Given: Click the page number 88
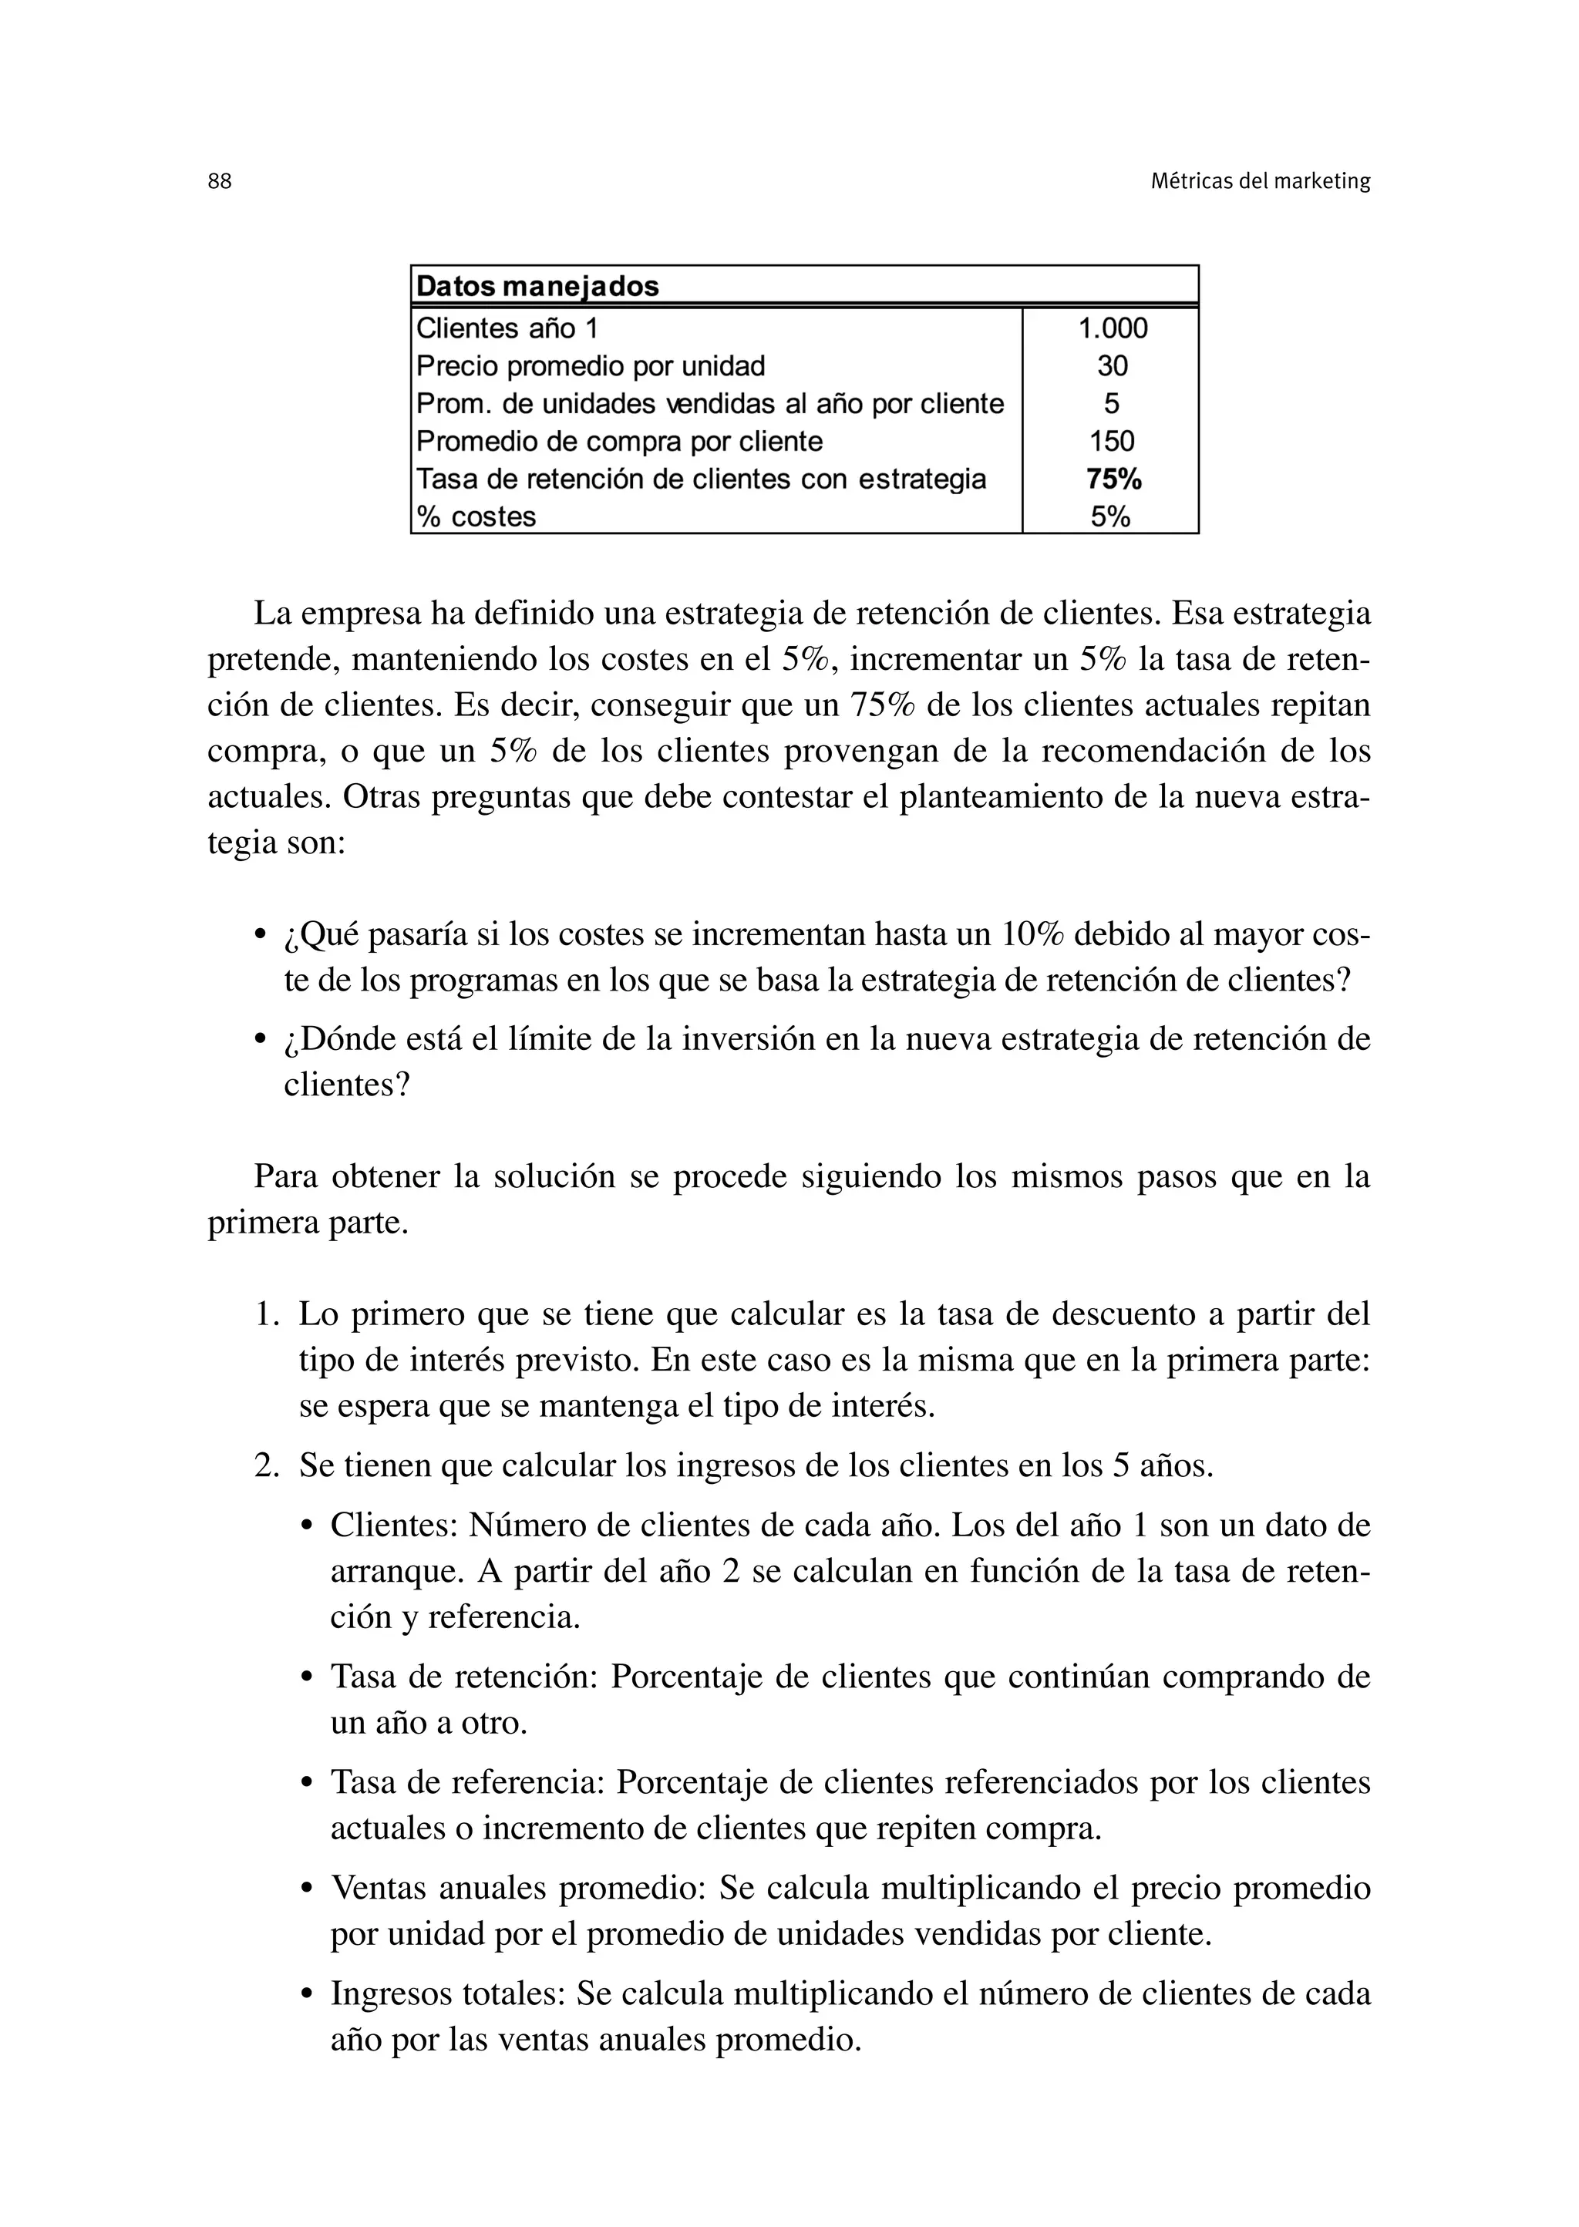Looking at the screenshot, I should click(x=220, y=182).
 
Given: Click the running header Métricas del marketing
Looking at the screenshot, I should click(x=1260, y=182).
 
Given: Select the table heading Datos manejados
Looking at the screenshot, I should click(x=537, y=287).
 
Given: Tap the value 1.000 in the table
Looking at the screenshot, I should click(x=1113, y=328).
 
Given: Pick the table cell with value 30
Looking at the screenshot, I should click(x=1113, y=366).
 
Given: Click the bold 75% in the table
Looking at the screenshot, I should click(x=1113, y=479).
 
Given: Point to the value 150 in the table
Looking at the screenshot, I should click(x=1113, y=442).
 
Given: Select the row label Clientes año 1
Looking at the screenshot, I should click(x=507, y=328).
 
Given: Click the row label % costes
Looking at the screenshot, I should click(x=476, y=517).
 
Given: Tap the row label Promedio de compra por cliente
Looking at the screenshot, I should click(x=618, y=442).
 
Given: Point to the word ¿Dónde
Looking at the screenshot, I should click(x=332, y=1040).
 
